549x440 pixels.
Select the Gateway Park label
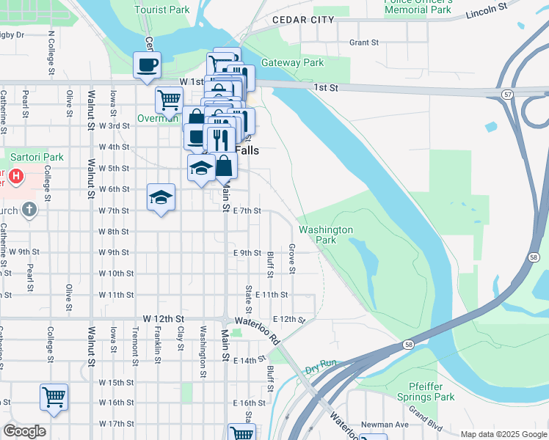pyautogui.click(x=293, y=63)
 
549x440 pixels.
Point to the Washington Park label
pyautogui.click(x=327, y=235)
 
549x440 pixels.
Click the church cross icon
pyautogui.click(x=29, y=211)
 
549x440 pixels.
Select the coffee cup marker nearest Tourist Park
pyautogui.click(x=147, y=65)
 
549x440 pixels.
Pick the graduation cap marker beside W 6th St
pyautogui.click(x=161, y=197)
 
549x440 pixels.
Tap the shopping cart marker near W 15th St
pyautogui.click(x=54, y=397)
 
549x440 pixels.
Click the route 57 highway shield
pyautogui.click(x=507, y=95)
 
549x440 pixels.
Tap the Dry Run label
pyautogui.click(x=321, y=364)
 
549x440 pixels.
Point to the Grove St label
pyautogui.click(x=292, y=259)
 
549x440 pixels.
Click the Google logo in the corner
pyautogui.click(x=24, y=431)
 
